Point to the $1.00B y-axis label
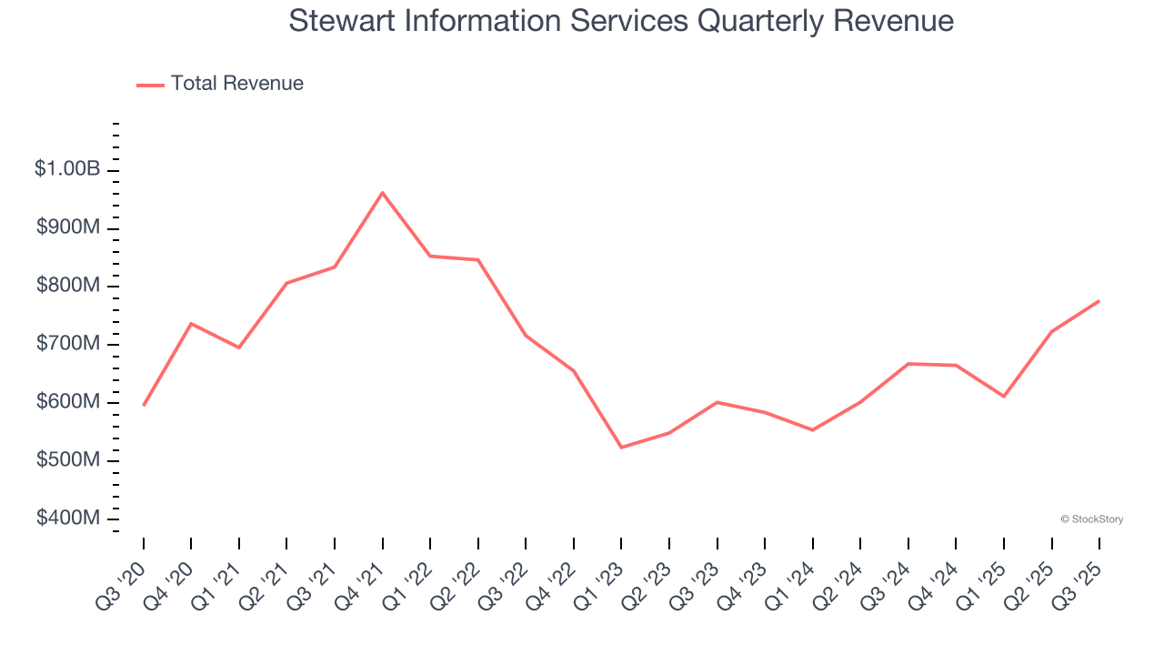pyautogui.click(x=67, y=169)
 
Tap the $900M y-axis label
pyautogui.click(x=68, y=227)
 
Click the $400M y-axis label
pyautogui.click(x=68, y=519)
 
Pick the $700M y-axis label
pyautogui.click(x=68, y=344)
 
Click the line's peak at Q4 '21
pyautogui.click(x=382, y=193)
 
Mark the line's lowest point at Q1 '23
pyautogui.click(x=621, y=448)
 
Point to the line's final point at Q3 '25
pyautogui.click(x=1099, y=301)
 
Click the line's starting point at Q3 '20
pyautogui.click(x=144, y=405)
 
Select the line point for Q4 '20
pyautogui.click(x=191, y=324)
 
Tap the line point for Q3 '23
pyautogui.click(x=717, y=402)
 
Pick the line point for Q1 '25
pyautogui.click(x=1003, y=397)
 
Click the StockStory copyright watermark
pyautogui.click(x=1091, y=519)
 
